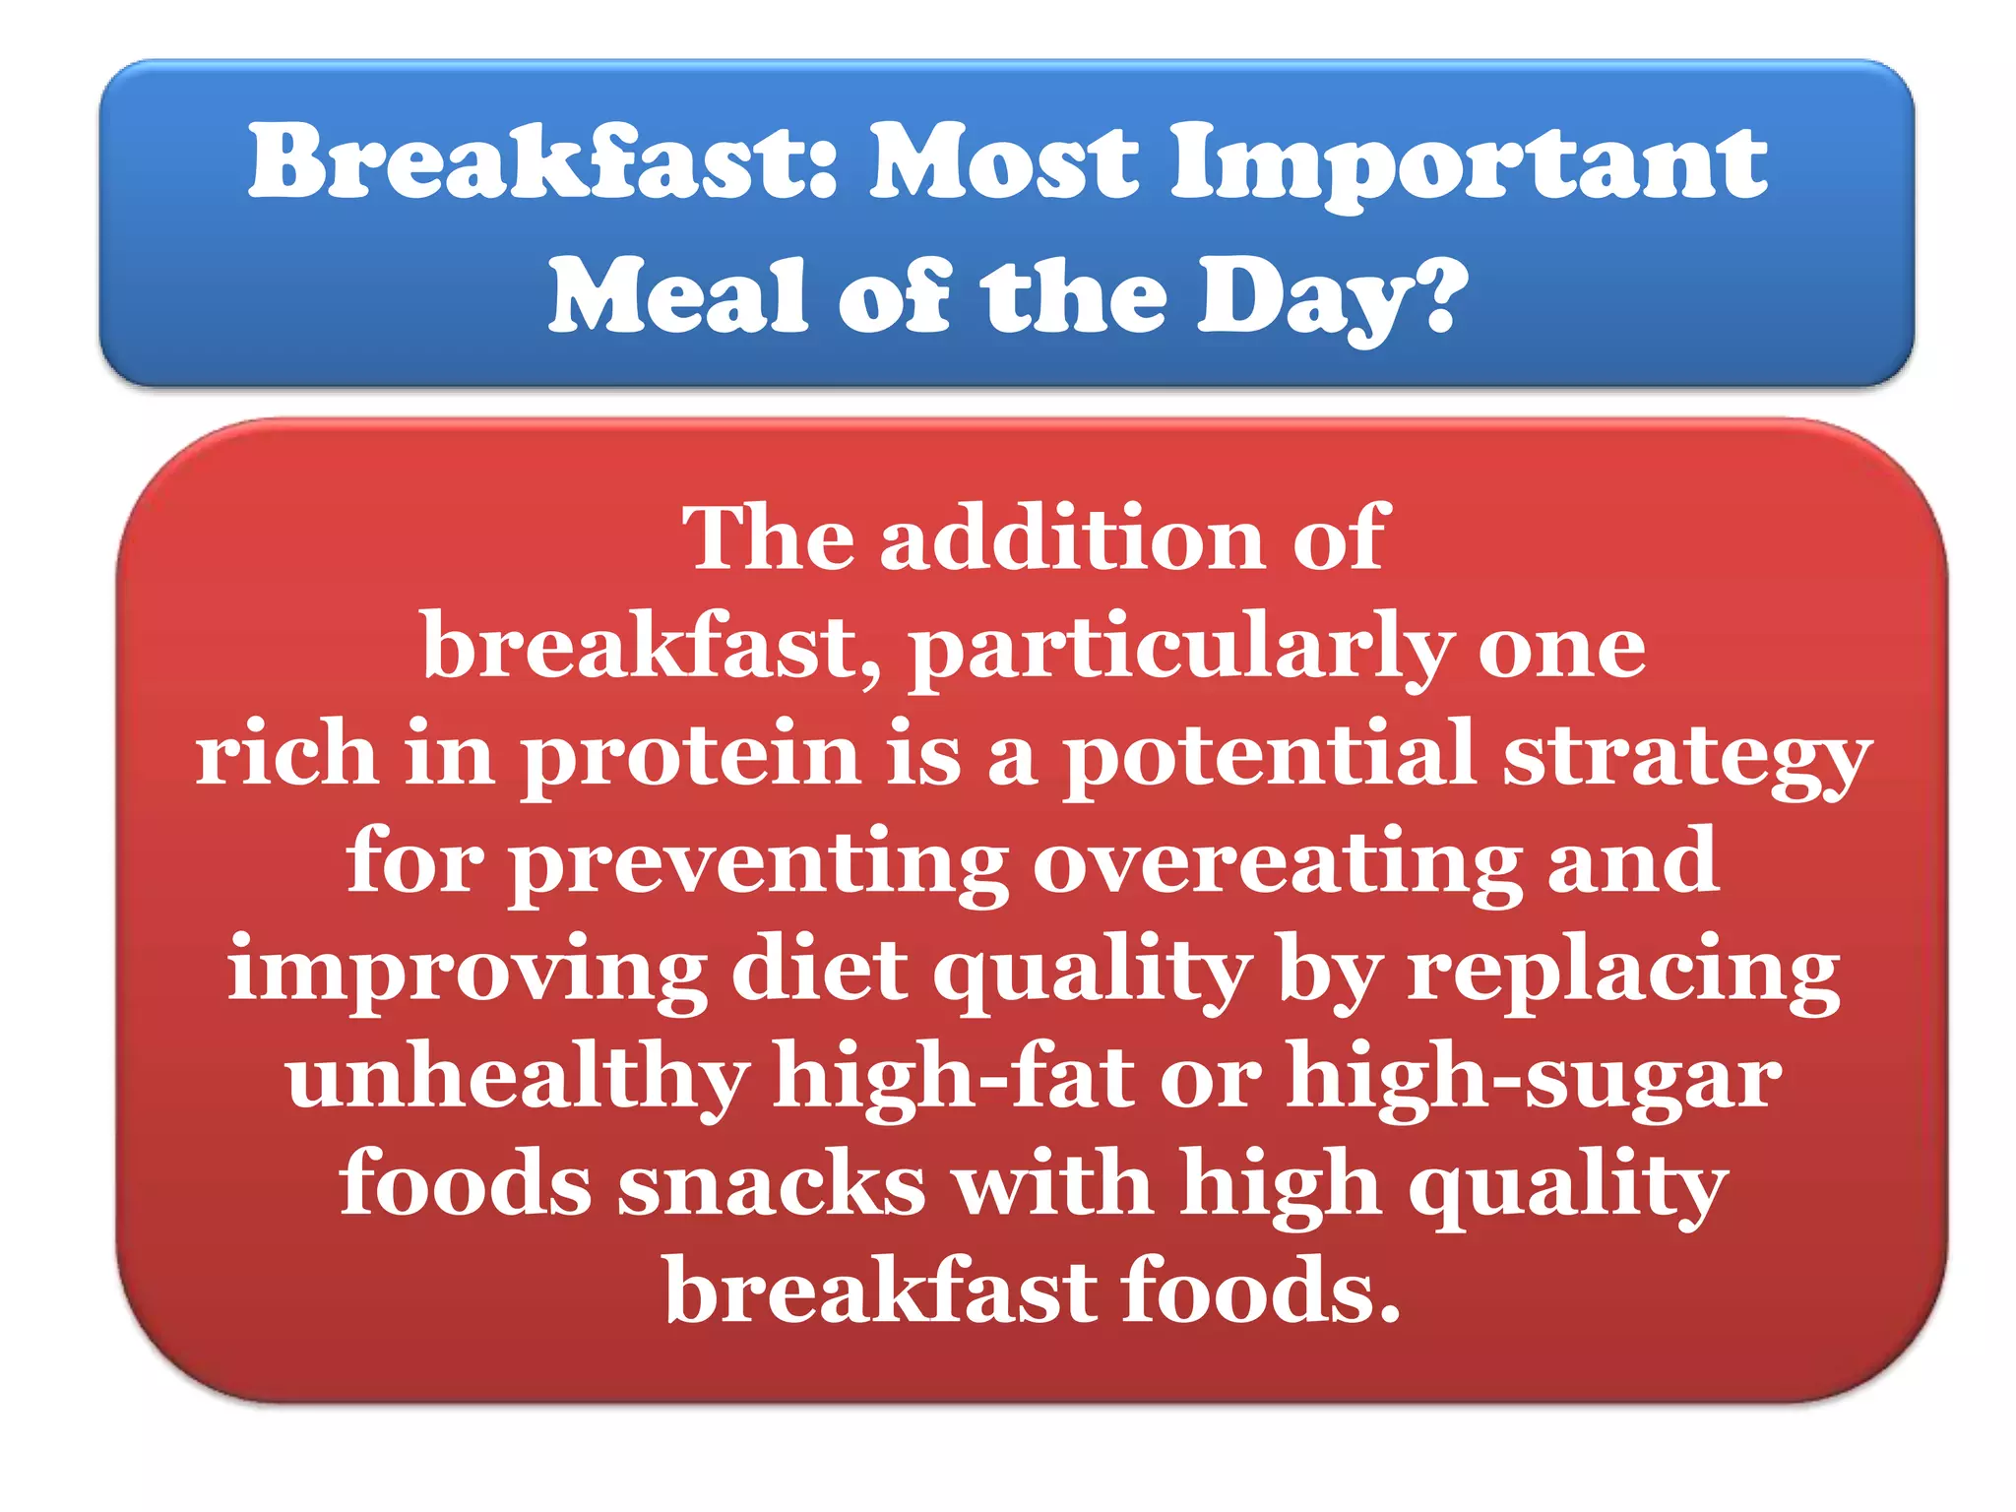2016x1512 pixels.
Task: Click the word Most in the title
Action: pos(1003,161)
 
